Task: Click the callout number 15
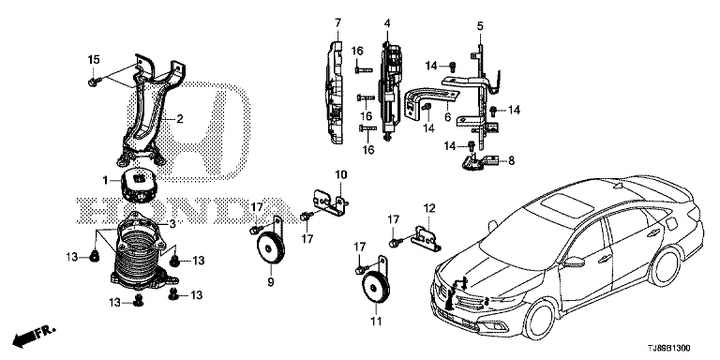[x=94, y=59]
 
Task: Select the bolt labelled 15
[x=92, y=82]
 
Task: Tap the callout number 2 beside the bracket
[x=180, y=119]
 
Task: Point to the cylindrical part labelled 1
[x=137, y=186]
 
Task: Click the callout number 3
[x=172, y=224]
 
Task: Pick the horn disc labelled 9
[x=270, y=247]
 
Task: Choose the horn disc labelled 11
[x=376, y=287]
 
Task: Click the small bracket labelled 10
[x=331, y=203]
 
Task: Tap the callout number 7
[x=337, y=22]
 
